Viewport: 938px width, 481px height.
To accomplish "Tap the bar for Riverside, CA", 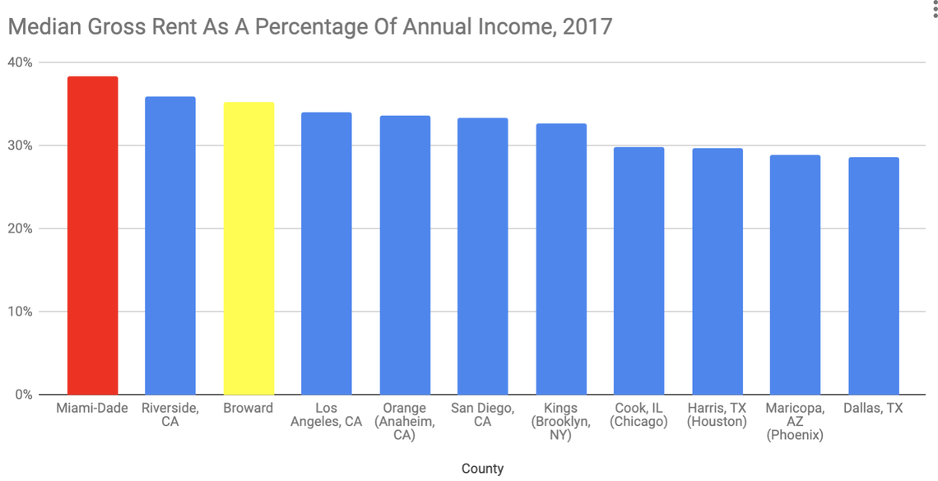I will (170, 246).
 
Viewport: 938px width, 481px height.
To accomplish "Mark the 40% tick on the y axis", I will (20, 62).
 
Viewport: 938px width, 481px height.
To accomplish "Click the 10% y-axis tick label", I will (20, 312).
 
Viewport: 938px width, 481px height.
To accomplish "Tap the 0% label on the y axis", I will (23, 395).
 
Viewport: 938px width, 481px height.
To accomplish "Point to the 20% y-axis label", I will (20, 229).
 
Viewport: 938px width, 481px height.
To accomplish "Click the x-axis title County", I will (482, 469).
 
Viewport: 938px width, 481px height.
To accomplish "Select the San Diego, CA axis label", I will (482, 415).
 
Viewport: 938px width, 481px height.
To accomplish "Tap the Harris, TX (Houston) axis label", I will (717, 415).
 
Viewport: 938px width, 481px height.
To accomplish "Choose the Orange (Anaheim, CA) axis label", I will (404, 422).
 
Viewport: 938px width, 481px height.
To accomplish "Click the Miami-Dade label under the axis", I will (92, 409).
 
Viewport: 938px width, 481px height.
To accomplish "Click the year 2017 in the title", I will (587, 25).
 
